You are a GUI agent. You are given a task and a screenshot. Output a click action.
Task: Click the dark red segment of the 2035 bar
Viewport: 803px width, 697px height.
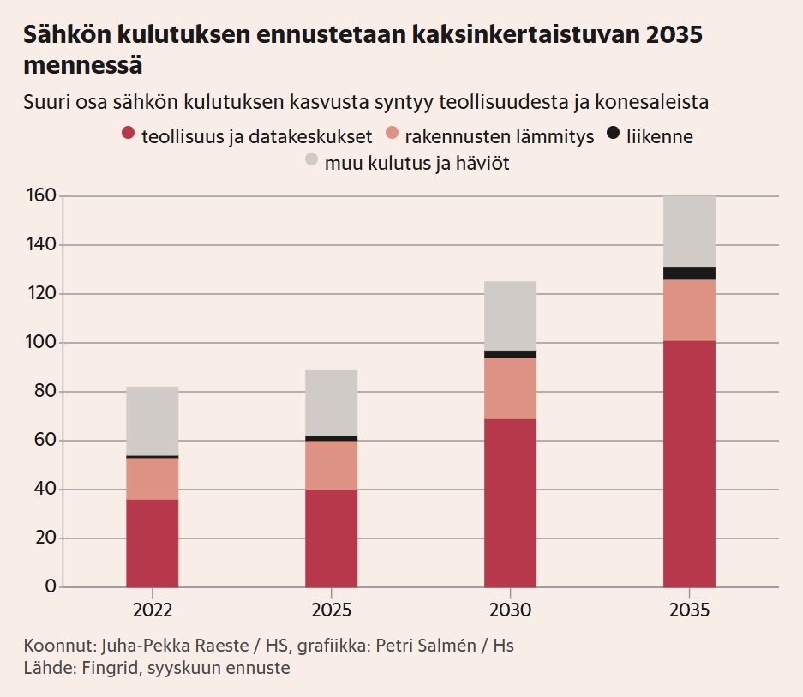click(x=689, y=464)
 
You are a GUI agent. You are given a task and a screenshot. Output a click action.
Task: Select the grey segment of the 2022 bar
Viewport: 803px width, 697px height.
click(x=152, y=421)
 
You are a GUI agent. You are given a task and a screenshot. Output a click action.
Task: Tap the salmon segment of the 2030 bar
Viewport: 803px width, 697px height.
click(x=510, y=388)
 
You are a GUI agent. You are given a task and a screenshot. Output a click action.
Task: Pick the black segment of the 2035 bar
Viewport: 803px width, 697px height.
click(x=689, y=273)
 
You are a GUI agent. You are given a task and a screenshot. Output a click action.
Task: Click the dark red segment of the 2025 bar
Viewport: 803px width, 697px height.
click(x=331, y=538)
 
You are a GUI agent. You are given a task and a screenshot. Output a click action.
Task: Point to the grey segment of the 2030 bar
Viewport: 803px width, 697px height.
click(x=510, y=315)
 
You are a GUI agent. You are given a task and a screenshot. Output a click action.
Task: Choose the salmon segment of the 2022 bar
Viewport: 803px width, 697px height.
click(x=152, y=478)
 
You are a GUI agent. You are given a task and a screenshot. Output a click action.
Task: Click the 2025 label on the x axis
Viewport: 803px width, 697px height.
click(x=331, y=610)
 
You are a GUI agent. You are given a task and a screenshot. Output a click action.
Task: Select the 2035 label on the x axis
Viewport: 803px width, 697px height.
click(x=689, y=610)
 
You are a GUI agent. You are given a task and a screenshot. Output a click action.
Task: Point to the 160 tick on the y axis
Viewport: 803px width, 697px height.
click(x=44, y=196)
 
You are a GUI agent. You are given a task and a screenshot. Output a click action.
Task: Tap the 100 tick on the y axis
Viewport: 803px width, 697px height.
click(x=44, y=343)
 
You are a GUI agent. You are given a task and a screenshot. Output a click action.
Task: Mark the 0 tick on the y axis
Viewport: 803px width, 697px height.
click(x=51, y=587)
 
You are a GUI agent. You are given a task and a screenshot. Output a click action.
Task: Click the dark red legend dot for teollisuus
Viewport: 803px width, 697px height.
click(x=129, y=134)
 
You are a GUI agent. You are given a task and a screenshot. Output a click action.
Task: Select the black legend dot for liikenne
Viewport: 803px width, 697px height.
click(x=614, y=134)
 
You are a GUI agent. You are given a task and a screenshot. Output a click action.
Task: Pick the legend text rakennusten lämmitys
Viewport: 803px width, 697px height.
click(x=500, y=136)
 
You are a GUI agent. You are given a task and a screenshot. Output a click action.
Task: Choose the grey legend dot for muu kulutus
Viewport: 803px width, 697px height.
click(x=312, y=160)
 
